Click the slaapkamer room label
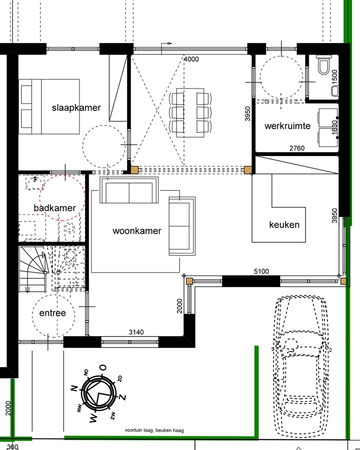coord(76,107)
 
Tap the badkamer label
coord(55,207)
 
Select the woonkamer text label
coord(137,230)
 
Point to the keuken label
coord(284,224)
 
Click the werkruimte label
coord(287,125)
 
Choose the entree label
coord(49,313)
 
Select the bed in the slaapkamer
coord(49,106)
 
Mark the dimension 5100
coord(261,271)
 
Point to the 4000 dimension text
coord(191,59)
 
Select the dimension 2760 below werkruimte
coord(297,148)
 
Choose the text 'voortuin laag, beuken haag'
coord(154,430)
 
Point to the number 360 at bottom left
coord(13,446)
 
